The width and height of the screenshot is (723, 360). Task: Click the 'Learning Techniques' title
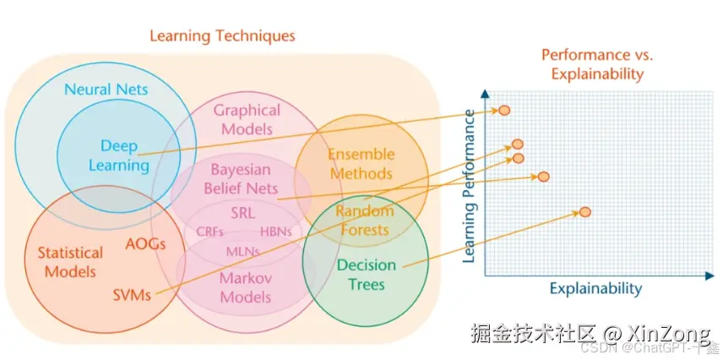coord(222,36)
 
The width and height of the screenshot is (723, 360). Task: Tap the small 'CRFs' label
coord(209,231)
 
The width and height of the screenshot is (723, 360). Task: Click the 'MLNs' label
coord(242,251)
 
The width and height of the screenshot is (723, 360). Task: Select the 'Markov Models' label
coord(246,287)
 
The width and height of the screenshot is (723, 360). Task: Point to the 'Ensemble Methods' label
coord(361,163)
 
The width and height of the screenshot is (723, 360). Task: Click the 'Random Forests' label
coord(362,219)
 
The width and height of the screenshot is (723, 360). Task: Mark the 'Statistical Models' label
coord(70,262)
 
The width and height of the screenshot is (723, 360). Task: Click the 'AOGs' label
coord(144,243)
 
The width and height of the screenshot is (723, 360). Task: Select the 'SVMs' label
coord(133,295)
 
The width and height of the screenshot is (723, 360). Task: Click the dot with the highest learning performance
coord(504,110)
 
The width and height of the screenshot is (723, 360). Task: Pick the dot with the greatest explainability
coord(585,211)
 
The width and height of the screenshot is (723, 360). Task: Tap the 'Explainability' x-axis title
coord(595,289)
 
